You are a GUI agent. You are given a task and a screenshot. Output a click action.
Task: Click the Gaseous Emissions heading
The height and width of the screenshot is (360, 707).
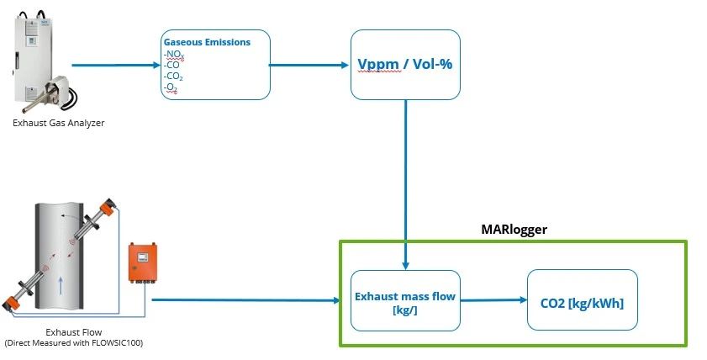point(206,42)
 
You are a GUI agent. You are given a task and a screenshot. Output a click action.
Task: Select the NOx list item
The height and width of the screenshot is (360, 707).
point(175,54)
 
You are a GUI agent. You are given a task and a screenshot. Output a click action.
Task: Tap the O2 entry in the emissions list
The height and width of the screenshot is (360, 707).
point(171,88)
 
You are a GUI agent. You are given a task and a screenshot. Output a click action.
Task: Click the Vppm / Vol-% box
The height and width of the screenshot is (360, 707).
point(404,64)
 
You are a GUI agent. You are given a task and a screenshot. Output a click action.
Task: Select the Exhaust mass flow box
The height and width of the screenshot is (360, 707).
point(404,300)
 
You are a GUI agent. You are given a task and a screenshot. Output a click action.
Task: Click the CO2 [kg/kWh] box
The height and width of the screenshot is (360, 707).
point(582,300)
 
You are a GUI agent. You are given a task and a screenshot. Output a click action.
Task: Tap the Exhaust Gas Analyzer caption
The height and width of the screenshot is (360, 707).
point(58,124)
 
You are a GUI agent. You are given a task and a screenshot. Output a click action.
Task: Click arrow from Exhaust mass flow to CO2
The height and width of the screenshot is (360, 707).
point(493,299)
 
